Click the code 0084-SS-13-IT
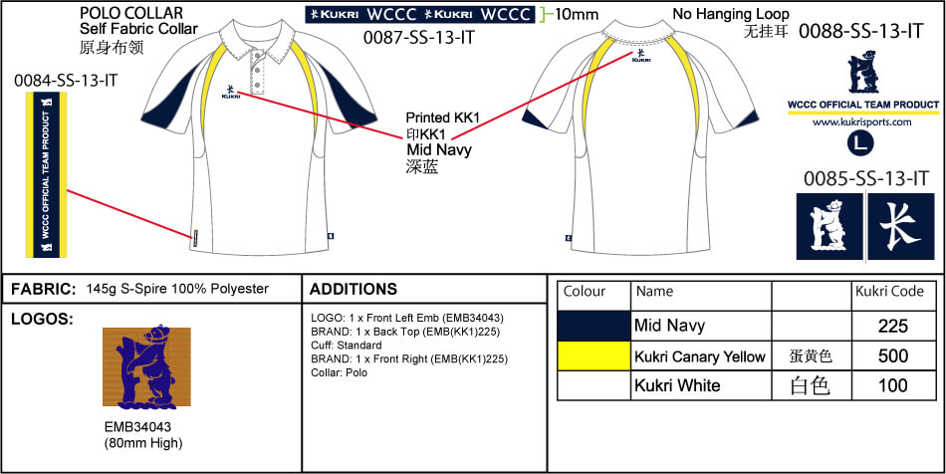[x=66, y=80]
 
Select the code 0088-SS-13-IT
[x=862, y=30]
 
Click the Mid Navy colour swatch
[x=594, y=326]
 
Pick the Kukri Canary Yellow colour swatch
[x=594, y=355]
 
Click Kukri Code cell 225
[x=893, y=326]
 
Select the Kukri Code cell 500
[x=893, y=355]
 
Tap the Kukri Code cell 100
[x=893, y=385]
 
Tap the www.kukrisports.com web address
[x=862, y=122]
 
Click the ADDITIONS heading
[x=354, y=290]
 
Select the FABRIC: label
[x=43, y=289]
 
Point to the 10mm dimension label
[x=578, y=14]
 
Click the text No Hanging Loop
[x=731, y=14]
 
